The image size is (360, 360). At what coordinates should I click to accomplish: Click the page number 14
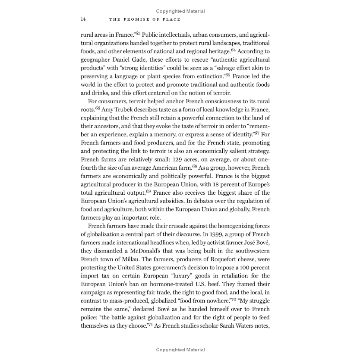(83, 19)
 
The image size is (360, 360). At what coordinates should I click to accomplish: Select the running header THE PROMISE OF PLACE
(145, 19)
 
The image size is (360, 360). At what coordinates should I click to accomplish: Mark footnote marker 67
(256, 133)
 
